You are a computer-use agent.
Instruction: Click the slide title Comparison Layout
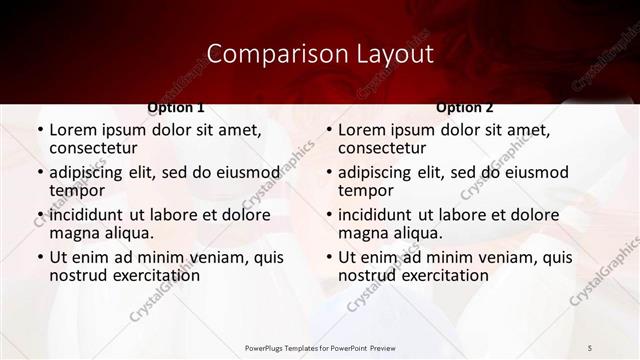320,53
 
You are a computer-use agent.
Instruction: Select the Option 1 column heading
176,107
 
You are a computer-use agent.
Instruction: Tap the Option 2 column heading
465,107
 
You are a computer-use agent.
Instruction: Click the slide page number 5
590,346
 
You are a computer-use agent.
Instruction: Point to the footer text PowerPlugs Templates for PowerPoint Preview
319,346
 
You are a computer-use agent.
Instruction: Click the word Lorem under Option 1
75,130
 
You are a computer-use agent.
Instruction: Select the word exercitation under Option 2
434,275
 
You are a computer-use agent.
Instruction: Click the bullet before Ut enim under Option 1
39,257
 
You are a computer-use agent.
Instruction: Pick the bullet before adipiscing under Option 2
328,172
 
